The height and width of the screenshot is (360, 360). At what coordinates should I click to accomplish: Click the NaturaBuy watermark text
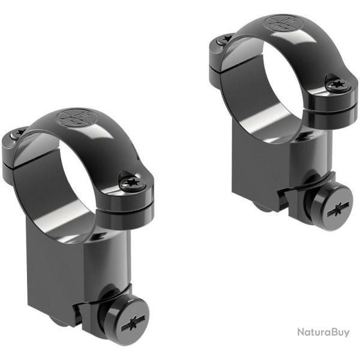coord(323,332)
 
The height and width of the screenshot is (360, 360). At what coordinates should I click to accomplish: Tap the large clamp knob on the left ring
coord(127,319)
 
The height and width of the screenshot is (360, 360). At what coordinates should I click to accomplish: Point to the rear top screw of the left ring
coord(18,134)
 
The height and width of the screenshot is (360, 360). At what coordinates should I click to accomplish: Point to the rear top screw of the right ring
coord(225,39)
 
